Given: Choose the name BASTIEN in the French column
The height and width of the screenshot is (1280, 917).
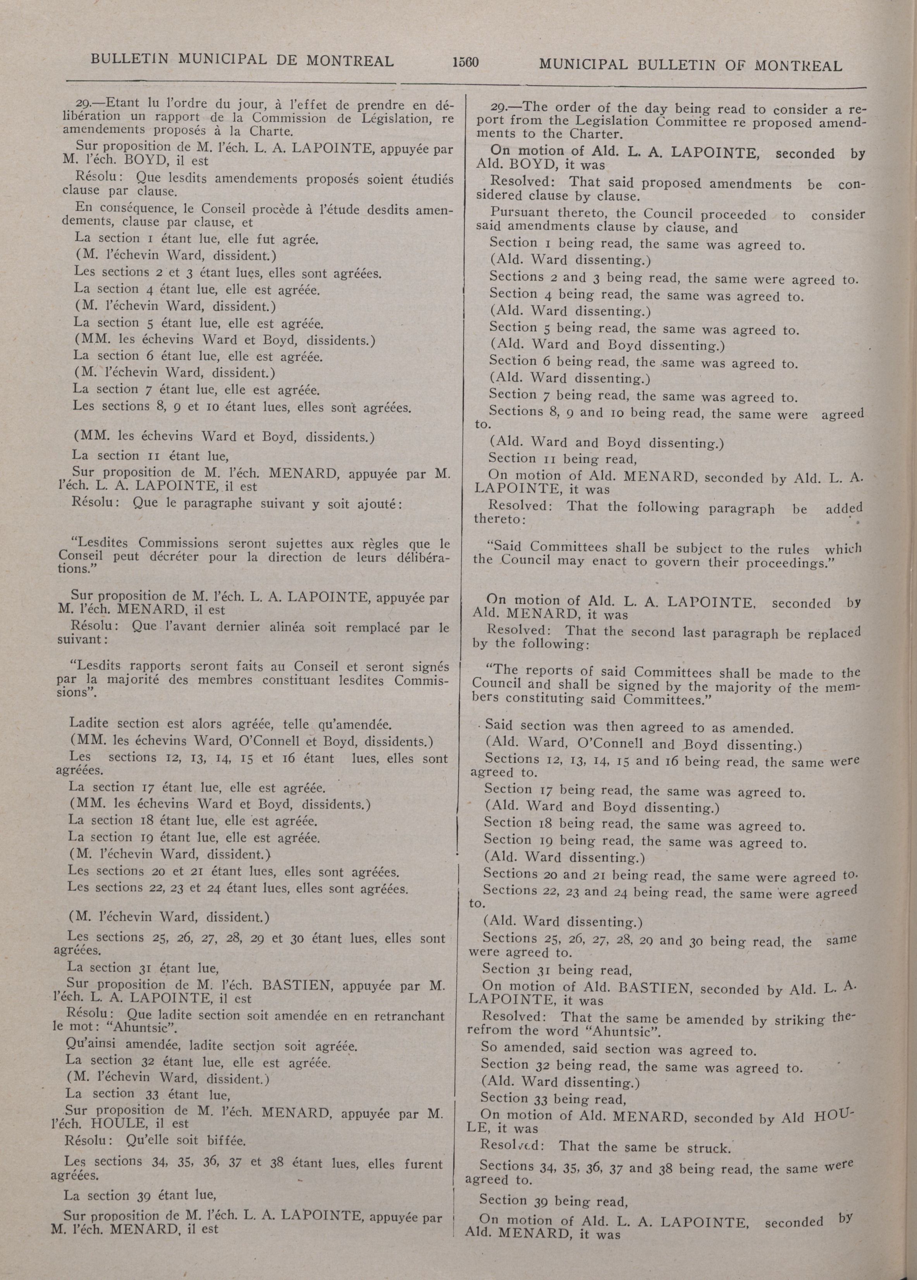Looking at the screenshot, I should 288,986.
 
